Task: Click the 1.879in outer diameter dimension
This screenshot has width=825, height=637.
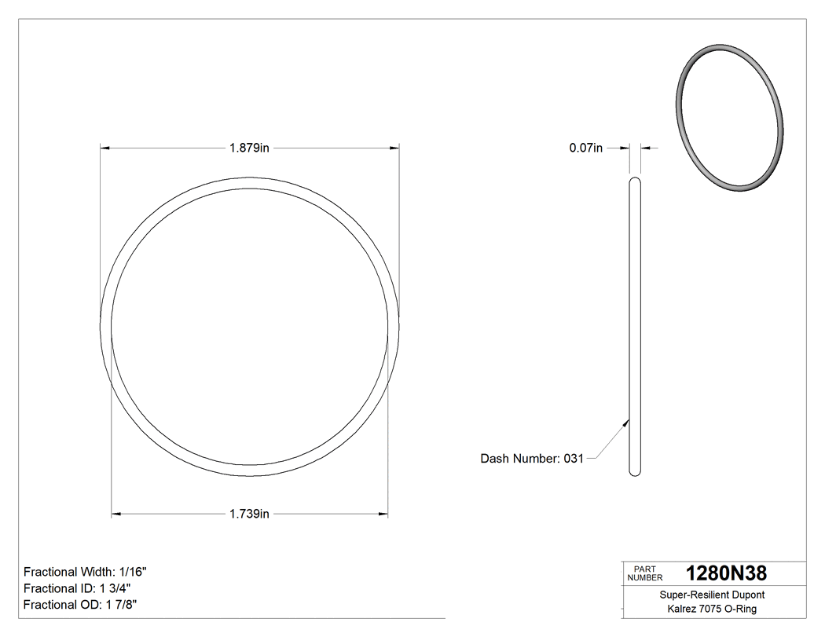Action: pos(249,148)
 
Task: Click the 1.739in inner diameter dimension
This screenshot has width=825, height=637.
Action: pos(249,514)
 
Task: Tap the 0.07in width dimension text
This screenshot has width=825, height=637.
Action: pos(585,148)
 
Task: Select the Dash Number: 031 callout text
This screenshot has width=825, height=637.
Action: pos(532,459)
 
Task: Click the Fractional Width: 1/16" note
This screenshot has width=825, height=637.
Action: pos(86,572)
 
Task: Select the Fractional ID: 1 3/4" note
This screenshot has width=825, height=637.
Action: pos(77,588)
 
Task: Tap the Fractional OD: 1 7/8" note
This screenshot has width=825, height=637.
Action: pos(82,605)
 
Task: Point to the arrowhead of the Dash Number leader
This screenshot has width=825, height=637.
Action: pos(626,421)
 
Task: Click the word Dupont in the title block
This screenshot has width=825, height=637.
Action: pos(749,595)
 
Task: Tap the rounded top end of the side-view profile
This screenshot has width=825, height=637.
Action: pos(635,181)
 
